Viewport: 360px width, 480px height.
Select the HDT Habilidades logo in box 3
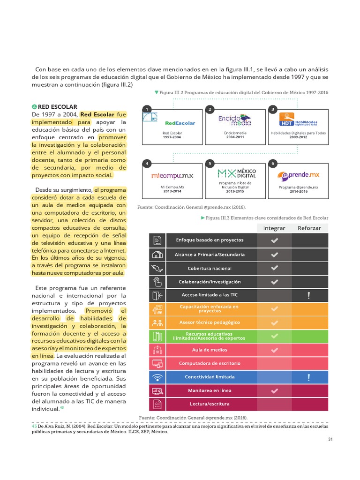(x=298, y=120)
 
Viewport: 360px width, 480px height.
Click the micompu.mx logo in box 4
(x=172, y=176)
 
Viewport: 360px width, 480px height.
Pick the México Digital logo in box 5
(x=237, y=173)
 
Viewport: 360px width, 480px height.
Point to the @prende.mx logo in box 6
(x=298, y=175)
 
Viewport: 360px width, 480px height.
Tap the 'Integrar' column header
(x=274, y=228)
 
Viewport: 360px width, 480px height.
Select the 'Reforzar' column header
(x=309, y=228)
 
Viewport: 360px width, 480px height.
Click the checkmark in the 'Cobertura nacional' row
(x=275, y=268)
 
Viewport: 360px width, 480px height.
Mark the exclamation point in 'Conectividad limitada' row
(x=308, y=377)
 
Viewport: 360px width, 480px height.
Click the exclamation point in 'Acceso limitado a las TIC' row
(x=308, y=295)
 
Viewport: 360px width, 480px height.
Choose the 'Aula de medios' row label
(x=210, y=350)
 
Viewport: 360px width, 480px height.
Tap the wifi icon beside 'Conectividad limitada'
(x=157, y=377)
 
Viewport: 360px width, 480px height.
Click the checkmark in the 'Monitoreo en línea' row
(x=275, y=390)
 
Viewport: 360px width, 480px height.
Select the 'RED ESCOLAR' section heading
(x=58, y=107)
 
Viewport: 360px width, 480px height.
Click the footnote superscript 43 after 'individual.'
(x=62, y=407)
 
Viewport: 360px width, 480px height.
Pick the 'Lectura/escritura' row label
(x=210, y=404)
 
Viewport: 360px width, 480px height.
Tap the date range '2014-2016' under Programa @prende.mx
(x=298, y=192)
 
